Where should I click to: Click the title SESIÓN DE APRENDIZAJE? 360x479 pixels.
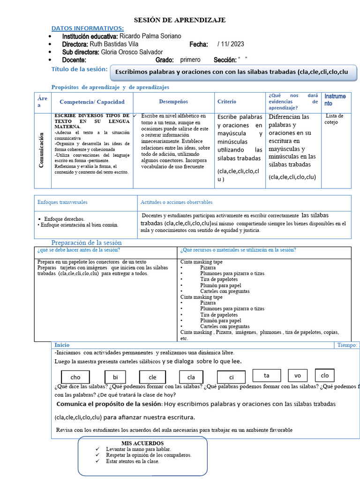tap(180, 20)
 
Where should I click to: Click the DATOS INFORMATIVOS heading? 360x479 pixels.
tap(88, 28)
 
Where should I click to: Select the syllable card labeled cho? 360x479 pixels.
tap(75, 377)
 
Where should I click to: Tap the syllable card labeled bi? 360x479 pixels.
tap(115, 377)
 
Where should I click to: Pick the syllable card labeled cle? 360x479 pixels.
tap(153, 377)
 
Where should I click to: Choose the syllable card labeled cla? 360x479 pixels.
tap(191, 377)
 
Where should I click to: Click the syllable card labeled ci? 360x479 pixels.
tap(231, 377)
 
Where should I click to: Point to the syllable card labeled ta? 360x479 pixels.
tap(266, 375)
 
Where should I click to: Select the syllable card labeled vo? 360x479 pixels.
tap(298, 375)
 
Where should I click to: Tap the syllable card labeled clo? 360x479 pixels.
tap(325, 375)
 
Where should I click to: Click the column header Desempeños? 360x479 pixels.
tap(173, 102)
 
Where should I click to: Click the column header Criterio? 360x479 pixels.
tap(227, 102)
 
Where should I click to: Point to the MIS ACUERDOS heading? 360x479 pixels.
tap(142, 443)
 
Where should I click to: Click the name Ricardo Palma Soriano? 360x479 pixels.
tap(150, 36)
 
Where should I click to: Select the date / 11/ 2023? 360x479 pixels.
tap(231, 44)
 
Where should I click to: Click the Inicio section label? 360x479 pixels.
tap(62, 345)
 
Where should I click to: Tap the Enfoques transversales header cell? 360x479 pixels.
tap(62, 202)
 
